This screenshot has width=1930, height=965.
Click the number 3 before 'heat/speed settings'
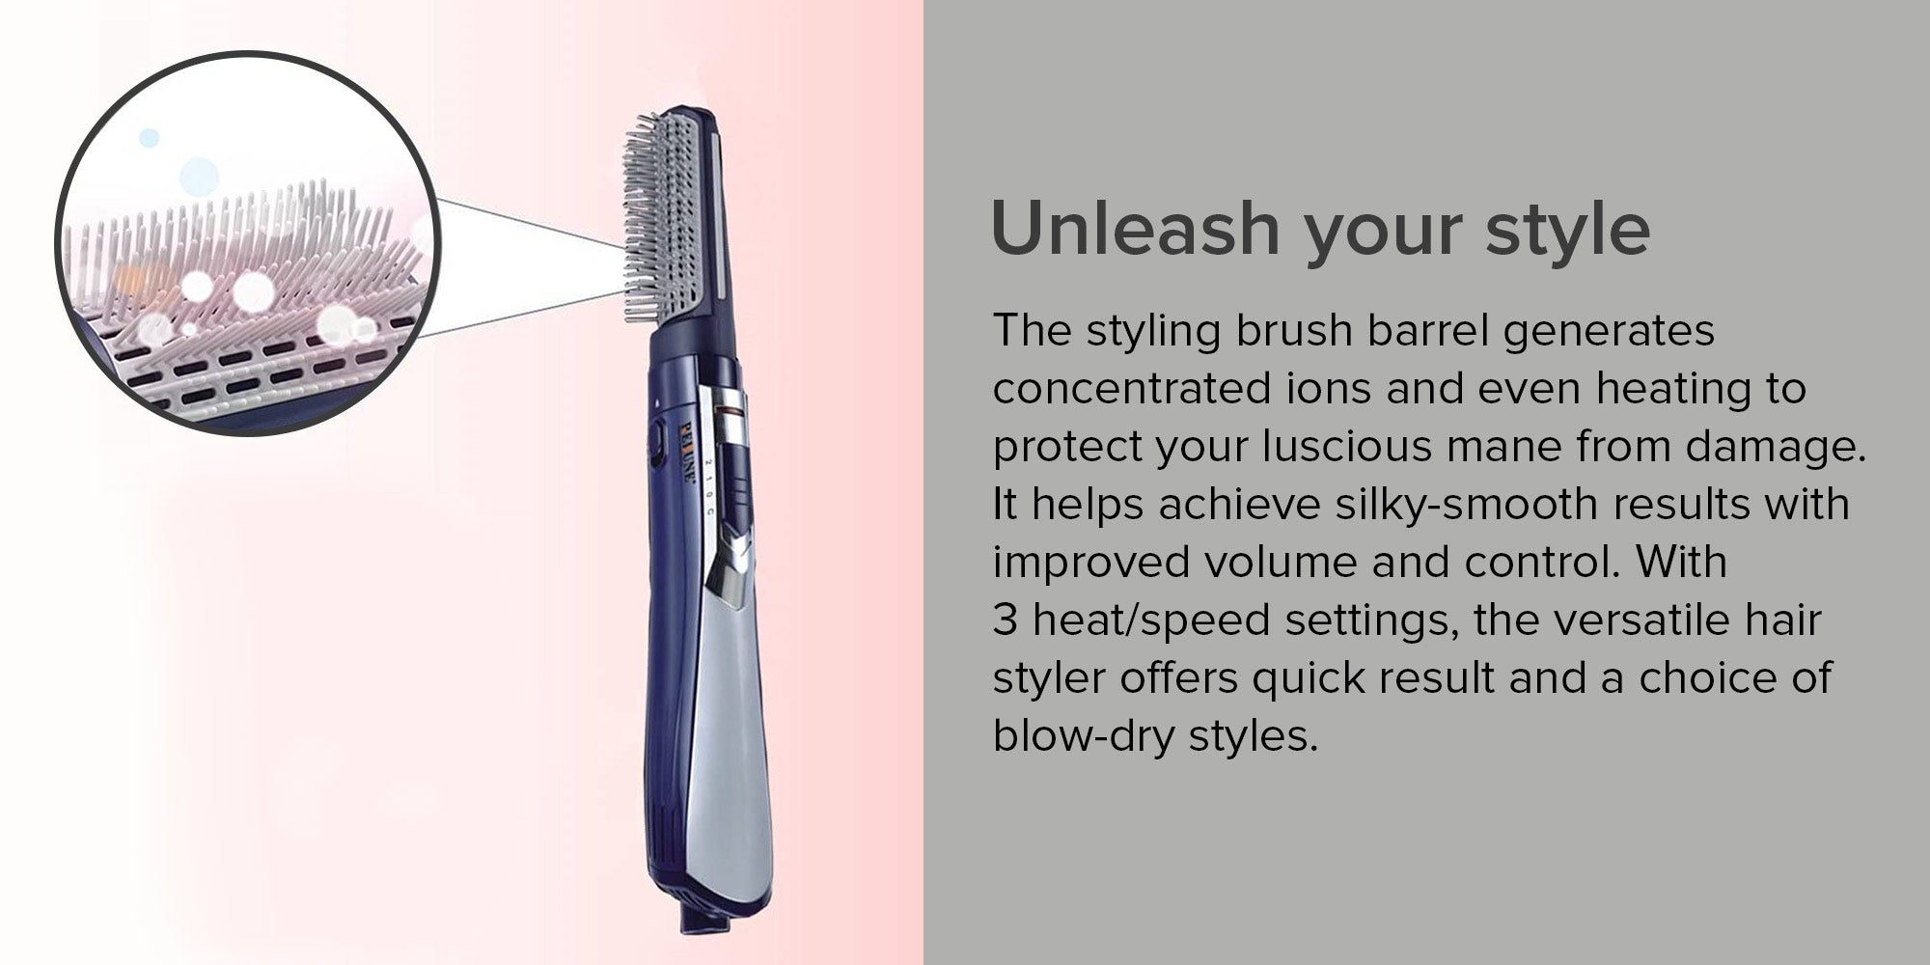click(1005, 620)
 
